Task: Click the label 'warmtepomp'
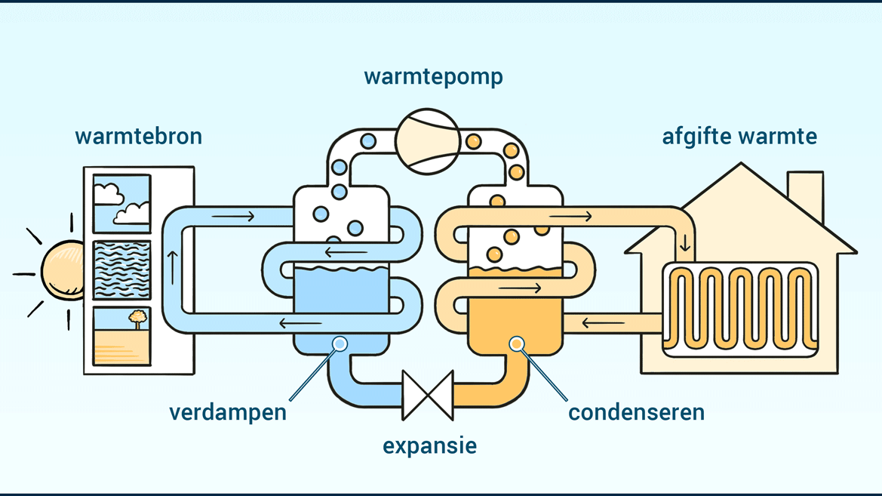[433, 77]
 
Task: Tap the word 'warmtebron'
[138, 136]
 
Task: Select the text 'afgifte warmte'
[739, 136]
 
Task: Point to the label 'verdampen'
[228, 413]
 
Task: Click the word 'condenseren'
[636, 412]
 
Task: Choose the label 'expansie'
[430, 445]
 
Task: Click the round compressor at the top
[428, 141]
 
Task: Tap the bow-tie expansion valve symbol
[428, 396]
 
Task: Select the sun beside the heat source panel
[63, 270]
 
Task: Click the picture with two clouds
[122, 203]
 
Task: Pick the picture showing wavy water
[122, 270]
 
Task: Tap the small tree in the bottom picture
[137, 319]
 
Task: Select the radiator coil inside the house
[741, 309]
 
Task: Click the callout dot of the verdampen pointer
[340, 344]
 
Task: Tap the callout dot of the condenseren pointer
[516, 344]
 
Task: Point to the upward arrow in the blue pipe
[173, 268]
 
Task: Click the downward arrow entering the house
[685, 242]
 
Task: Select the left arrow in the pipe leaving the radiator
[603, 323]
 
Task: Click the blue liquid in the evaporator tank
[342, 291]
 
